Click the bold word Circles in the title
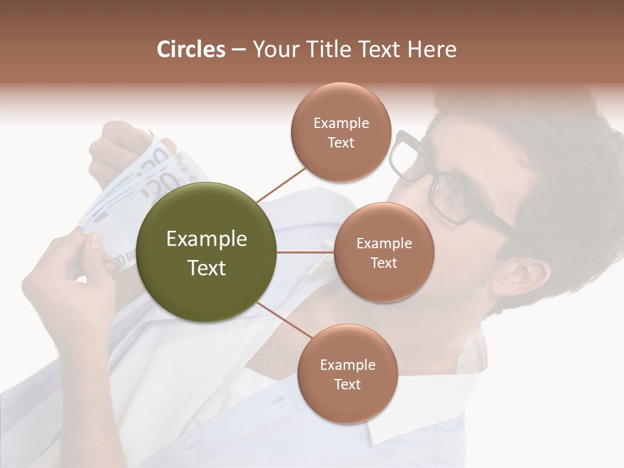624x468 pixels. click(x=191, y=49)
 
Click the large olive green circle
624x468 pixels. click(x=207, y=252)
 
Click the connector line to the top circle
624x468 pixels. click(x=281, y=183)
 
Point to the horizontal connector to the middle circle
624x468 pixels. click(x=305, y=252)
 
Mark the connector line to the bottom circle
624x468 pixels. click(x=284, y=322)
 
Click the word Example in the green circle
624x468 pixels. click(x=207, y=239)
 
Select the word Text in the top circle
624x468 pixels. click(x=341, y=142)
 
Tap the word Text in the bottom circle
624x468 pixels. click(x=347, y=384)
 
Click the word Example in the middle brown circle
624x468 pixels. click(x=383, y=244)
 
